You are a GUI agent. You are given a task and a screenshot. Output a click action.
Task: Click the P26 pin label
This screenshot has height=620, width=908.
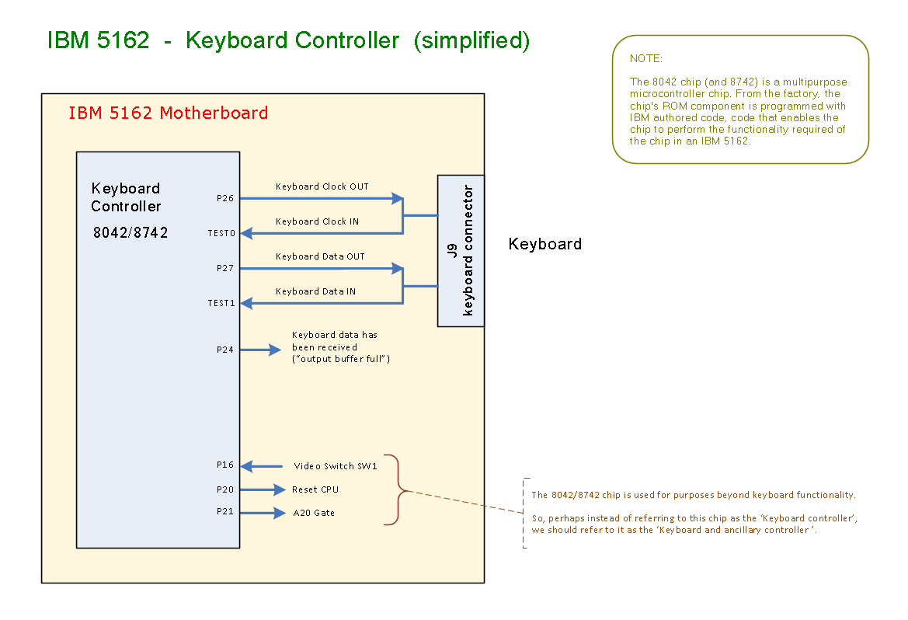point(224,198)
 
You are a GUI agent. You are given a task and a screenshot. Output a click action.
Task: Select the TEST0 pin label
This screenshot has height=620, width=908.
point(221,233)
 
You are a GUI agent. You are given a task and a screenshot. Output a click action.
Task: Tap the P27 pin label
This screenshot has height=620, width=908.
point(224,268)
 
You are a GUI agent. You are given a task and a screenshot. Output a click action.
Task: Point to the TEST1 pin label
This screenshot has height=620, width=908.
point(221,303)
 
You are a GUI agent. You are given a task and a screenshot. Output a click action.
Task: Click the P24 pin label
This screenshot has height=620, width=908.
point(224,350)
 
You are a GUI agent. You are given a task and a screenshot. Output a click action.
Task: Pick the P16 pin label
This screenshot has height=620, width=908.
point(224,465)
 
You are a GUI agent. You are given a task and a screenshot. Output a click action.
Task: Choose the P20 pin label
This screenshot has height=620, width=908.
point(224,489)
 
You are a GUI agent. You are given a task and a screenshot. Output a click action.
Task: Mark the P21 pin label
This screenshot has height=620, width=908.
point(224,513)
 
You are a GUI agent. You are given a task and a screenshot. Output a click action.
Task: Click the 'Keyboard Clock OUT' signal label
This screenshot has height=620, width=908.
point(322,186)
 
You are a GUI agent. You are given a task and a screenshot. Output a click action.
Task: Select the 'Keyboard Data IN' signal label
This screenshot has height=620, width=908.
point(315,291)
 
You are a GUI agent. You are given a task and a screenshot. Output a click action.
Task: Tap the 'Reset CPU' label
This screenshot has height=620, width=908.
point(315,489)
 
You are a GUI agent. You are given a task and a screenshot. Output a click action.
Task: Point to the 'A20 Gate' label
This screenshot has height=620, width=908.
point(314,513)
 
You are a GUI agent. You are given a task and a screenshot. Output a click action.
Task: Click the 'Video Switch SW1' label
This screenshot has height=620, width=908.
point(335,466)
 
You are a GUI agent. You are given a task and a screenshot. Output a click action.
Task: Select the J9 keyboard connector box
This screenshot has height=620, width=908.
point(461,250)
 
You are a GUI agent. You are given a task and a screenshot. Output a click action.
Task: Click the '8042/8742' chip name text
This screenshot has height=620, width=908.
point(130,232)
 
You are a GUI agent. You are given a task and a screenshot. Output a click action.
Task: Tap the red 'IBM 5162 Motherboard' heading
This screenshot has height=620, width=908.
point(168,113)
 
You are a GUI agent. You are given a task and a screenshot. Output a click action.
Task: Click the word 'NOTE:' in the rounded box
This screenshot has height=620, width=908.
point(646,58)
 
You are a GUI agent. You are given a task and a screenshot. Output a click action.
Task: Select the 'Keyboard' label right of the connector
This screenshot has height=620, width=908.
point(544,244)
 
